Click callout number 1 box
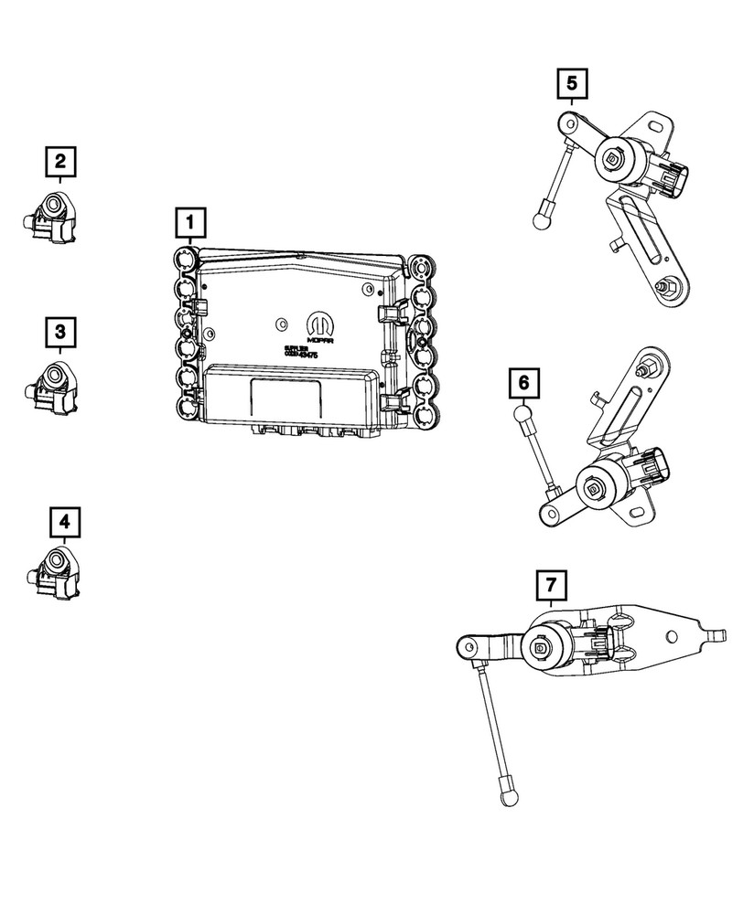point(189,220)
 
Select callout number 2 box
point(60,163)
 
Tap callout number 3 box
point(60,330)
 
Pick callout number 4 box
point(63,522)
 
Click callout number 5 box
point(572,85)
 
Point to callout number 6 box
point(523,383)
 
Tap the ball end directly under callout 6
point(522,416)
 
